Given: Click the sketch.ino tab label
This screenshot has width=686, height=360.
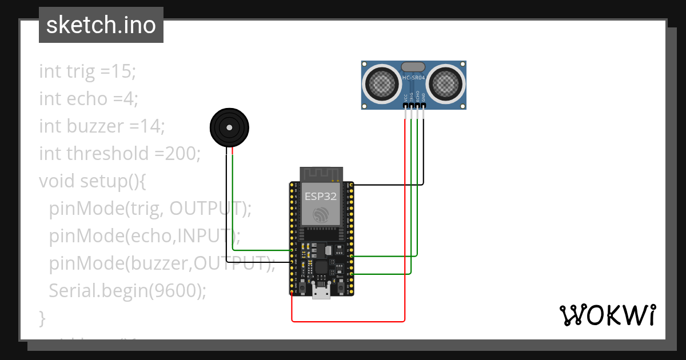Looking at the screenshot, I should click(101, 25).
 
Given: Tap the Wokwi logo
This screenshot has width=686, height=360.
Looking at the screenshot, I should click(607, 315).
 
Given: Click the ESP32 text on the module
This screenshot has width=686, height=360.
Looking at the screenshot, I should click(320, 196).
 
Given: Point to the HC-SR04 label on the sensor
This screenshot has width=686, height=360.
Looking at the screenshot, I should click(414, 78).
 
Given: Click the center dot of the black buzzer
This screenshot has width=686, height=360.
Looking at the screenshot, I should click(230, 127).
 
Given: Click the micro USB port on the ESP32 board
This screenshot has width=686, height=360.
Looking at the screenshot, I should click(321, 291).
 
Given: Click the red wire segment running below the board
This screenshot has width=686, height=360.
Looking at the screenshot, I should click(349, 321).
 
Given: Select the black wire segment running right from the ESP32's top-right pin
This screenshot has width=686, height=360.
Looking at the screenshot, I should click(389, 185).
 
